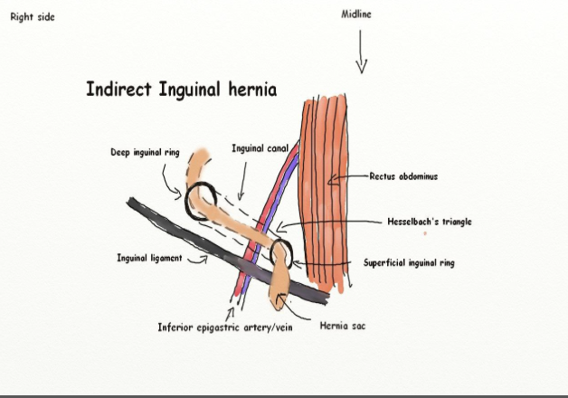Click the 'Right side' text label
[x=33, y=17]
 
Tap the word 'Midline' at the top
[x=356, y=14]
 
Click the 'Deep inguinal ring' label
[x=144, y=153]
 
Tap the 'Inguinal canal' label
[x=260, y=148]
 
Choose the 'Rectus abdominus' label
[x=403, y=176]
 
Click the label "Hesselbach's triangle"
[x=430, y=222]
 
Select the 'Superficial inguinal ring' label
[x=409, y=263]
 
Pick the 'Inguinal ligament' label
[x=149, y=258]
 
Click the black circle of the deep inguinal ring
[x=200, y=200]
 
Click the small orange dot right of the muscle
[x=425, y=233]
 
